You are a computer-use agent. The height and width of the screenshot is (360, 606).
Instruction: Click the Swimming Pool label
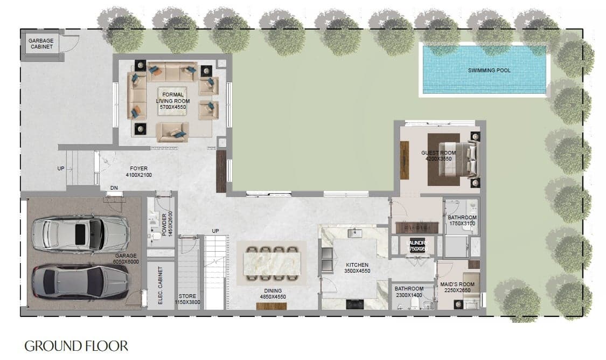[x=489, y=70]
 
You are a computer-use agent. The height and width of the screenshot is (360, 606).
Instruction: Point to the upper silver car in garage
[x=80, y=234]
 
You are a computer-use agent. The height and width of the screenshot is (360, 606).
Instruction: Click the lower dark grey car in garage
[x=80, y=280]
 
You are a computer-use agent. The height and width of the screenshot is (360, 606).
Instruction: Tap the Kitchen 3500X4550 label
[x=357, y=268]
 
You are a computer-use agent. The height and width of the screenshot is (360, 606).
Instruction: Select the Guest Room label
[x=438, y=156]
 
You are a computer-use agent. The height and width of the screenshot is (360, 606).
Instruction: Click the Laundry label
[x=417, y=246]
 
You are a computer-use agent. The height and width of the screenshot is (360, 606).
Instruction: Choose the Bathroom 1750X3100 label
[x=462, y=220]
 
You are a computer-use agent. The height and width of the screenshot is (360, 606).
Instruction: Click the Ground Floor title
[x=76, y=345]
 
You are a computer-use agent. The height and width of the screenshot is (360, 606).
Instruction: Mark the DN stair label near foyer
[x=114, y=188]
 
